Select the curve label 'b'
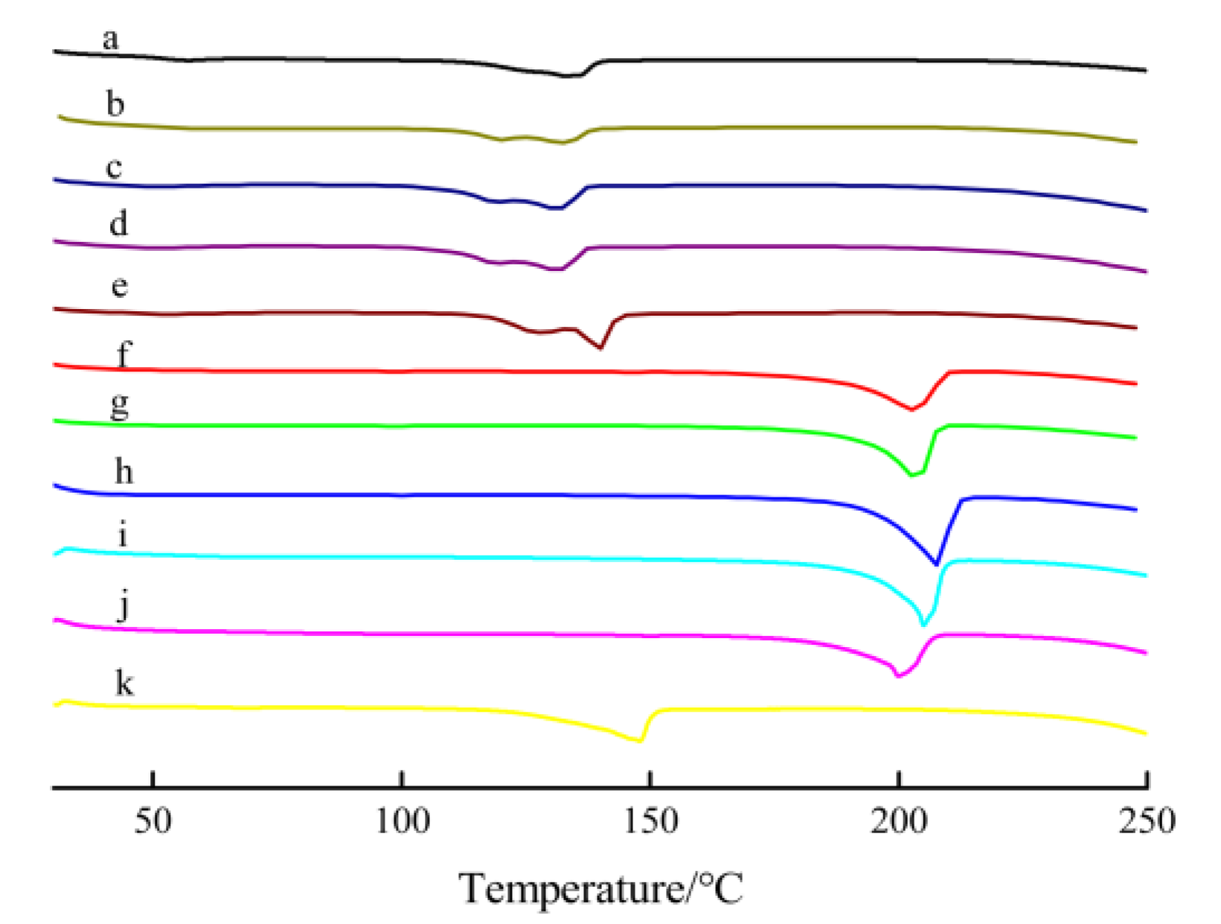point(115,104)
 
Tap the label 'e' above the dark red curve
point(119,287)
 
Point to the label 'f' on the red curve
point(124,354)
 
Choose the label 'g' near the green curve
point(119,407)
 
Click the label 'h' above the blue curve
point(124,471)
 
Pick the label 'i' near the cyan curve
point(123,535)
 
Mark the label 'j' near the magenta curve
point(124,606)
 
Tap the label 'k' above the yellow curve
point(124,683)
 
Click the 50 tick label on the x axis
point(153,821)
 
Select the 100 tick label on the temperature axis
point(402,821)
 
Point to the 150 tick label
point(650,821)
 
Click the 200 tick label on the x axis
point(900,821)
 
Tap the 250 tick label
point(1147,821)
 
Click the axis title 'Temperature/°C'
point(600,888)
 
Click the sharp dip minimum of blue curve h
point(936,564)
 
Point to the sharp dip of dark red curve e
point(600,348)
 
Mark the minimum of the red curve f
point(912,410)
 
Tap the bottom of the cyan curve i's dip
point(924,625)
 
